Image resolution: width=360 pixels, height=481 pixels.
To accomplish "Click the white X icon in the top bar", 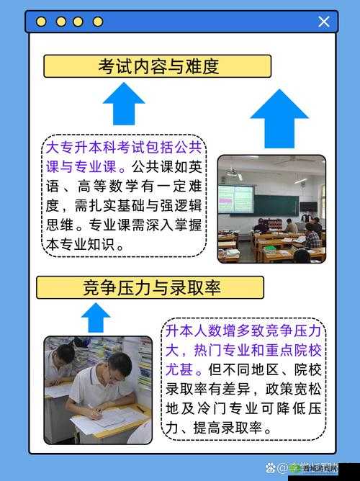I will point(324,22).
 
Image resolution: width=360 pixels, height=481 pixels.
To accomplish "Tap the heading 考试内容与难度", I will point(158,66).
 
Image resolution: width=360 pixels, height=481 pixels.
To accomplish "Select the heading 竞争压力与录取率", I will point(150,288).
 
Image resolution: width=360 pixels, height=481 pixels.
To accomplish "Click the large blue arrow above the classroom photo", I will point(279,117).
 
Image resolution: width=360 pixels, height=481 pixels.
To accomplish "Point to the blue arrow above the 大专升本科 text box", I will point(124,104).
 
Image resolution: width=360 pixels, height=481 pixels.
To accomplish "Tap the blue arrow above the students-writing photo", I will point(96,318).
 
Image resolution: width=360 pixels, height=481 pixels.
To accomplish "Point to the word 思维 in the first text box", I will point(60,224).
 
